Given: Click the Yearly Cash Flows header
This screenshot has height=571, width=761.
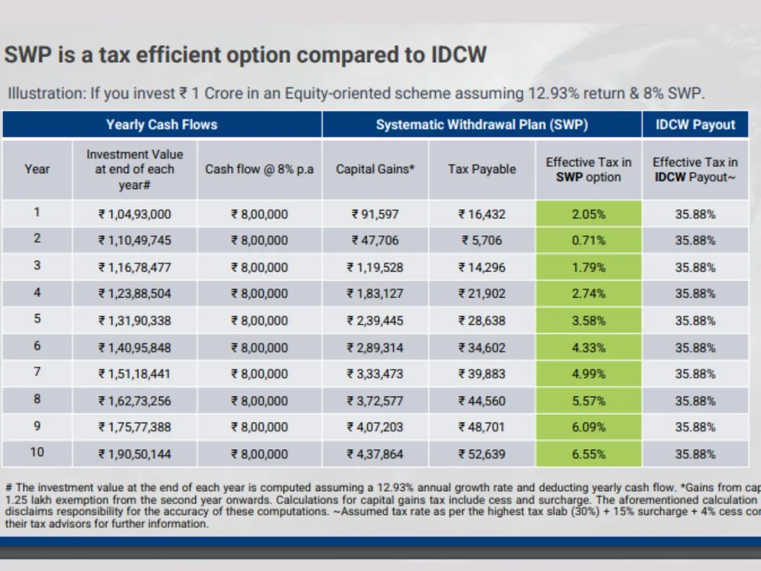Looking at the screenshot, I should pos(162,124).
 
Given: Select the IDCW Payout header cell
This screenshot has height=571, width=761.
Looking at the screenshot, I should pos(695,124).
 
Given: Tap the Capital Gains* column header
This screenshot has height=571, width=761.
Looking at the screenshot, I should pos(375,169).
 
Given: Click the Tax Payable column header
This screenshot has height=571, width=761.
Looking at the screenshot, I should pos(482,169).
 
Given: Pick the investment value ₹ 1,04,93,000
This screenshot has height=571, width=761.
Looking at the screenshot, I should pos(134,214).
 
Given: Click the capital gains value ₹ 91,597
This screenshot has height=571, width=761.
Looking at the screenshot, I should pos(375,214).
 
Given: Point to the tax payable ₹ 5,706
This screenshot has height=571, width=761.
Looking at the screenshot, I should pos(482,240).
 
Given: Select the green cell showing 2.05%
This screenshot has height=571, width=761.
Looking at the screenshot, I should pos(589,214).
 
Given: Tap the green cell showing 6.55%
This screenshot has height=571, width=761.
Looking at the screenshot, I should pos(589,454).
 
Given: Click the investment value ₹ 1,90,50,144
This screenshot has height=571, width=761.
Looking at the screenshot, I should pos(134,454).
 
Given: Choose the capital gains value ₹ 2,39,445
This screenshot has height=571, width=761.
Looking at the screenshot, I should pos(375,320).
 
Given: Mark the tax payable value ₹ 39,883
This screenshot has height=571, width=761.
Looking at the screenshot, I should pos(482,374).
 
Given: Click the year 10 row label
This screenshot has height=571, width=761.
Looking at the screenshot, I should pos(37,453).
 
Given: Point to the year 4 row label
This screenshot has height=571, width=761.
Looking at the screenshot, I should pos(37,292).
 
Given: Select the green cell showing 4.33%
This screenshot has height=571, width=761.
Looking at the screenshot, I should pos(589,348).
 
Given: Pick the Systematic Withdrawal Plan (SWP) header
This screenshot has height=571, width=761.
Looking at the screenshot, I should pos(482,124).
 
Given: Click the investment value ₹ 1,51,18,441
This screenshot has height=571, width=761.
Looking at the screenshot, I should pos(134,374).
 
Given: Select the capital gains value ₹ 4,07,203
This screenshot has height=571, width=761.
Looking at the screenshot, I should pos(375,427).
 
